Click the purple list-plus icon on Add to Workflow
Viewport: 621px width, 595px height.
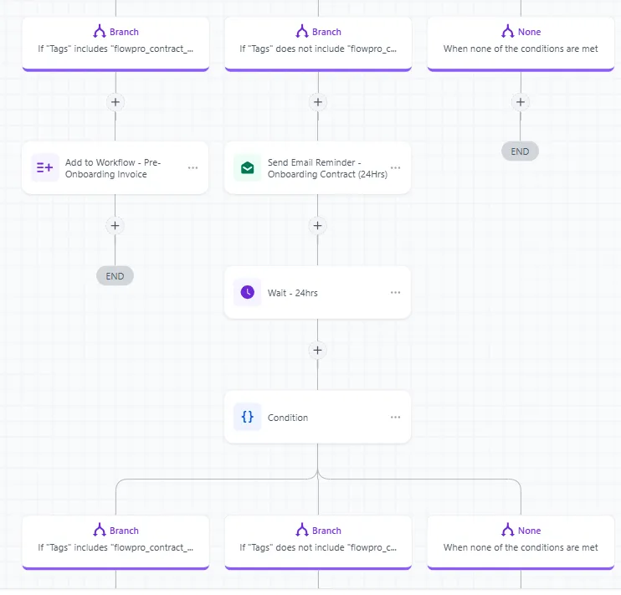[x=44, y=168]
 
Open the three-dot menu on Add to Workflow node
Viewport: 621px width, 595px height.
[x=192, y=168]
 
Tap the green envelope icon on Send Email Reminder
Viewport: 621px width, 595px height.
[x=248, y=168]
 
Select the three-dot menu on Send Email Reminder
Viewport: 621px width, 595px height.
[x=395, y=167]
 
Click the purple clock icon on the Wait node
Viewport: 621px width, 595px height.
[x=248, y=292]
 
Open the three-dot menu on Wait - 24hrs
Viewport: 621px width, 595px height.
[x=395, y=292]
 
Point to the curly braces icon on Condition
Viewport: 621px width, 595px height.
[x=248, y=417]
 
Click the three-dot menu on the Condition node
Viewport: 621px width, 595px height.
[x=395, y=417]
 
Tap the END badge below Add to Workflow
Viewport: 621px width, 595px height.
[x=115, y=276]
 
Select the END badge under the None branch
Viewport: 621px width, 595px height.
[x=520, y=151]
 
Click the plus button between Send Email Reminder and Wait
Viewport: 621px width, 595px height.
[x=318, y=226]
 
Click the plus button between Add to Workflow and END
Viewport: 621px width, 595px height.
[x=115, y=226]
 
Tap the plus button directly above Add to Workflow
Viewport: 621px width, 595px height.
[x=115, y=102]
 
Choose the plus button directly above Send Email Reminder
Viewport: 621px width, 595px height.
[x=318, y=102]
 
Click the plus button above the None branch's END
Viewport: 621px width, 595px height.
[x=521, y=102]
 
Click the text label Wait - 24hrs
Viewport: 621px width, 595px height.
[x=293, y=293]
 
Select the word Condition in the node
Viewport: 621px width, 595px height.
[x=288, y=418]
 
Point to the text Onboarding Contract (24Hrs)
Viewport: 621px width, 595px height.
[x=327, y=174]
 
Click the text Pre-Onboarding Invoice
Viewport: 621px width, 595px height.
[x=113, y=168]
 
